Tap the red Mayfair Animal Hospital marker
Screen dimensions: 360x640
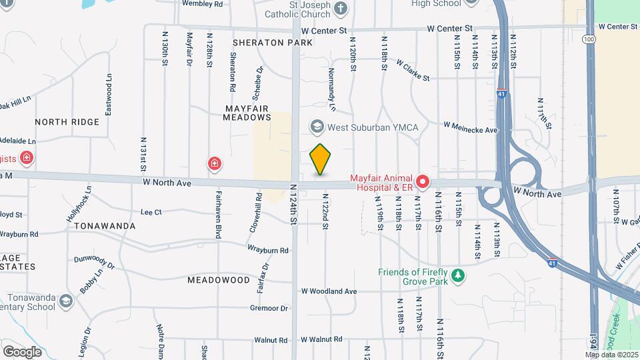pos(423,181)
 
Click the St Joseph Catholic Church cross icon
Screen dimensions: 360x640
pos(341,8)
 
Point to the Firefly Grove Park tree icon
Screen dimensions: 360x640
pos(457,275)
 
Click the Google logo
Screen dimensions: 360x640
pos(22,351)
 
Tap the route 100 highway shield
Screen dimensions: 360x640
pos(589,39)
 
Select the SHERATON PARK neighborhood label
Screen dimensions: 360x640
pos(273,43)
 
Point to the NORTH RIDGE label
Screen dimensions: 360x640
pos(67,122)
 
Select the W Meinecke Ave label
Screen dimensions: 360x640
pos(471,127)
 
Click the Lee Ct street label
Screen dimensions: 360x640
pos(151,212)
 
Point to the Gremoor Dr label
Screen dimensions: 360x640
pos(269,309)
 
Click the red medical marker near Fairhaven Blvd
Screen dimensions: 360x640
pos(214,163)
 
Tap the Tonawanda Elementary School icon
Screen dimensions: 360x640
pos(65,301)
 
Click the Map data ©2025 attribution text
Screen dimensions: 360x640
pos(611,355)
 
